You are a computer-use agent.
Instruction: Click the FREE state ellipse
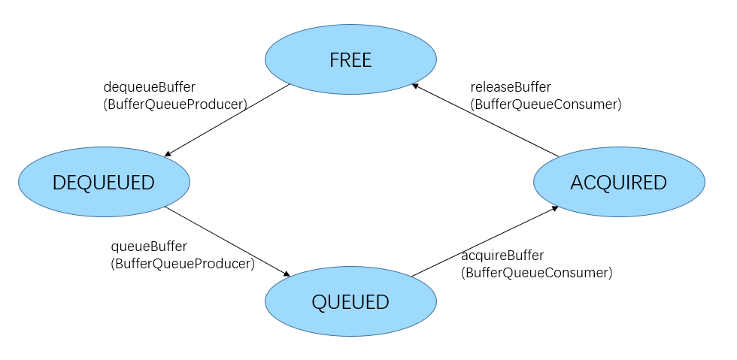350,59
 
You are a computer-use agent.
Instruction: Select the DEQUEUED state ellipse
104,182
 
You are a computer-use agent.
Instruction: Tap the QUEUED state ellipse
350,302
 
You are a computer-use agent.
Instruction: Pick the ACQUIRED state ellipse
619,182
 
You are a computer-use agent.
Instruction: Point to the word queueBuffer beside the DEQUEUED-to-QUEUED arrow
149,247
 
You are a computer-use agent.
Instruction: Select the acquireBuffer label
502,256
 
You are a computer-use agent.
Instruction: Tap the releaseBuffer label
511,87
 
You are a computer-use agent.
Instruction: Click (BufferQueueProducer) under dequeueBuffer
175,105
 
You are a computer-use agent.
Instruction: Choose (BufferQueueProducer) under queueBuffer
183,265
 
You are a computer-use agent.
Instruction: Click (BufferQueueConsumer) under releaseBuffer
546,105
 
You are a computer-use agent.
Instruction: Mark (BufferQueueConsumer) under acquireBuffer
537,274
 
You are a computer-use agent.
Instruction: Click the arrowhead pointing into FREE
416,87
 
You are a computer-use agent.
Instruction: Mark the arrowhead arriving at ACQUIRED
554,207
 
